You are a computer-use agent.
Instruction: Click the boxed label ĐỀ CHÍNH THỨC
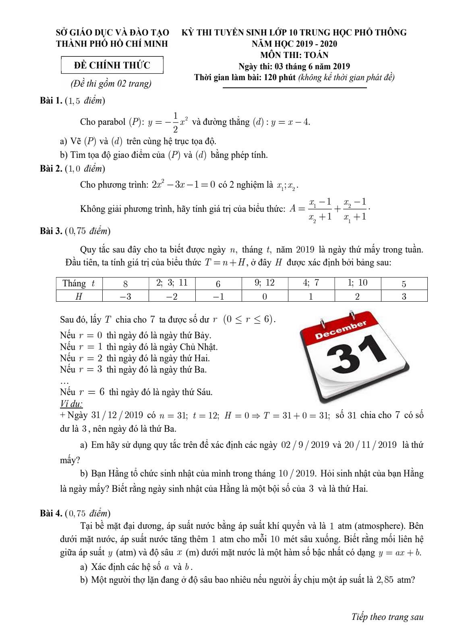pos(112,65)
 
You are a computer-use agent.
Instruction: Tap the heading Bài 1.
pos(51,101)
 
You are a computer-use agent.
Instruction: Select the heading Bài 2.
pos(51,168)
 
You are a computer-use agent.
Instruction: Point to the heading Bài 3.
pos(51,231)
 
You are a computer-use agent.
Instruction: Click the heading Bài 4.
pos(51,513)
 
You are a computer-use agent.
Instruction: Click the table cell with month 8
pos(125,284)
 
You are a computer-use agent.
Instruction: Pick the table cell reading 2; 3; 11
pos(172,283)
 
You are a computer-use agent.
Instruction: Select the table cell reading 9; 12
pos(265,283)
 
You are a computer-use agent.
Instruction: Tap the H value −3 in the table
pos(125,296)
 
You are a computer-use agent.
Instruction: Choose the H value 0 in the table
pos(265,296)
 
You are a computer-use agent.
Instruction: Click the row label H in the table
pos(79,296)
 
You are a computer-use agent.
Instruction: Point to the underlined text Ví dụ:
pos(71,404)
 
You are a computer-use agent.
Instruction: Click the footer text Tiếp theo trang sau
pos(387,617)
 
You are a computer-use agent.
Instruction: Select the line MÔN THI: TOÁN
pos(294,55)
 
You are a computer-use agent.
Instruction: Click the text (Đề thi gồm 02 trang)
pos(111,83)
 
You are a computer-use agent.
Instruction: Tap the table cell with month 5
pos(404,284)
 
